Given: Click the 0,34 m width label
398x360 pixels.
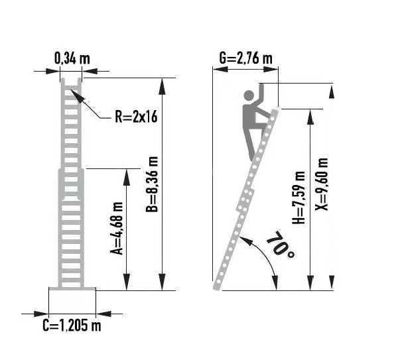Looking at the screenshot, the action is [72, 58].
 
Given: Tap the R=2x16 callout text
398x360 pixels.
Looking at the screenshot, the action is [136, 117].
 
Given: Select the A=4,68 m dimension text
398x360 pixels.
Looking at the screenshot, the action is [117, 228].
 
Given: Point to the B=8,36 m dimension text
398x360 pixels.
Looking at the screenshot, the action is [152, 184].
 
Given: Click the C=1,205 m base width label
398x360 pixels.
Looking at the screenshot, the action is [72, 326].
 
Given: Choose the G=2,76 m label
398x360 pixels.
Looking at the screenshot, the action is [245, 58].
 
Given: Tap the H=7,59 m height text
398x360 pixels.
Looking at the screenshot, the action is [298, 198].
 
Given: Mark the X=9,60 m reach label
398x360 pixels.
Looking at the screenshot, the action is [321, 184].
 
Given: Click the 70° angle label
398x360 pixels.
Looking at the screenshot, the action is [281, 245].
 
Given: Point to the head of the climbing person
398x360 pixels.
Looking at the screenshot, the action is [249, 95].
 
